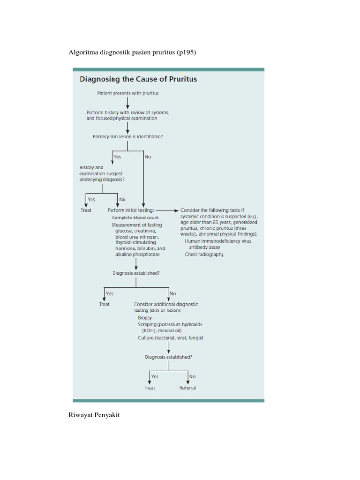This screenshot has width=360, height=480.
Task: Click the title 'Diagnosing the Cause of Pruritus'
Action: [137, 79]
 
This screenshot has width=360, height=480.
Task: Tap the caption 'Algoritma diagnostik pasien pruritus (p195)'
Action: [132, 52]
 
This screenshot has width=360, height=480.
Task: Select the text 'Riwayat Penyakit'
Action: [94, 415]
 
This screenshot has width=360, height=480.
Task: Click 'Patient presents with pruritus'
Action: [128, 93]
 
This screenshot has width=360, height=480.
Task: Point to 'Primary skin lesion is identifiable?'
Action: [128, 137]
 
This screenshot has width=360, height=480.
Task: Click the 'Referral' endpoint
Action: [187, 388]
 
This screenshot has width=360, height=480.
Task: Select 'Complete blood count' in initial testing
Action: [135, 217]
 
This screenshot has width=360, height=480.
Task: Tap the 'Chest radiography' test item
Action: [204, 255]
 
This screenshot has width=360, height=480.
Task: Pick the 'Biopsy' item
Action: [145, 318]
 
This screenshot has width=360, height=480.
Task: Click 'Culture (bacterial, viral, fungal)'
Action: [171, 337]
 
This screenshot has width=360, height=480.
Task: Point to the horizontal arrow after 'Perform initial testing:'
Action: [166, 210]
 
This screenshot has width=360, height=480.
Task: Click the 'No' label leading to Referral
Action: [192, 376]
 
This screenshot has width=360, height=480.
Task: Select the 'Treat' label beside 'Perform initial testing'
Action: [86, 210]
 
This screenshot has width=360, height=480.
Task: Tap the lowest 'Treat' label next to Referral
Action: [150, 388]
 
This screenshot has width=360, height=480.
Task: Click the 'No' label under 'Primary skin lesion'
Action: [148, 157]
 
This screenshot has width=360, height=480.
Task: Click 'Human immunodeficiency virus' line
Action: [218, 241]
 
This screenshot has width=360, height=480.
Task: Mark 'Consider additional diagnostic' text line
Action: [166, 304]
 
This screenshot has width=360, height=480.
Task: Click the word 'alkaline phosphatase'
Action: [137, 255]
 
